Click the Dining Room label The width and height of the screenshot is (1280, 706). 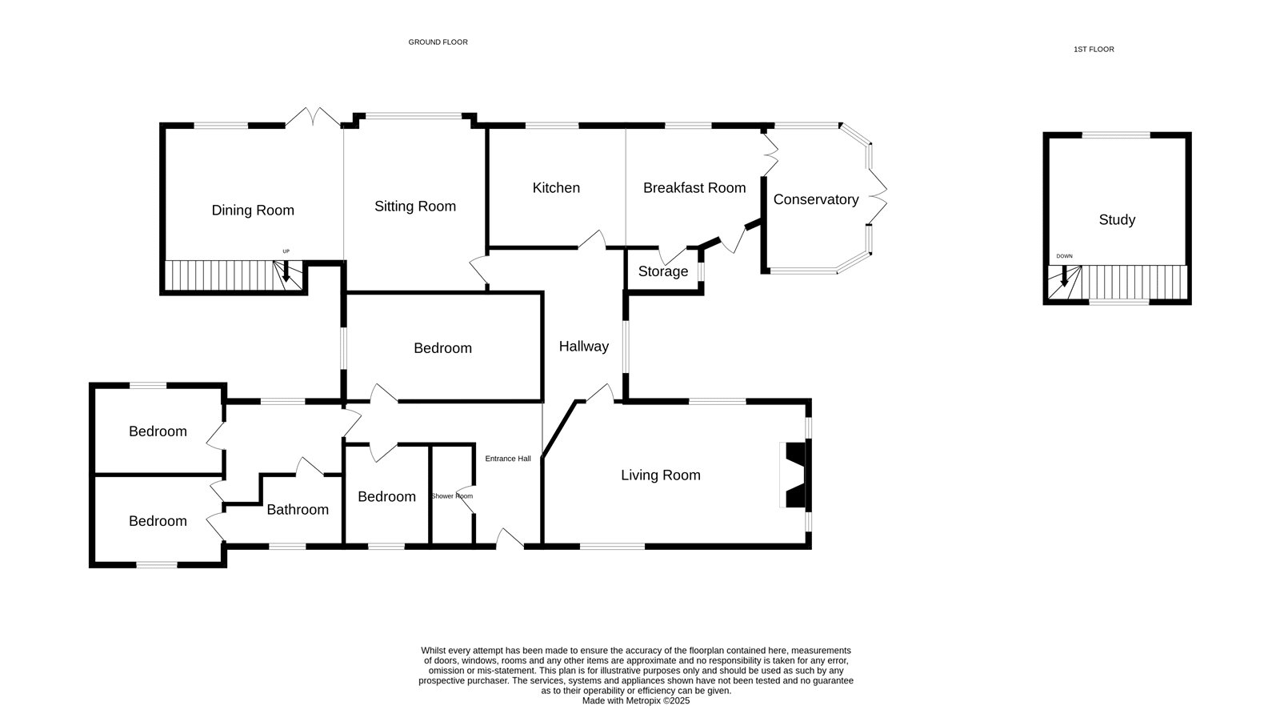click(253, 211)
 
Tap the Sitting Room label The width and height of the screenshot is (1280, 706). click(415, 207)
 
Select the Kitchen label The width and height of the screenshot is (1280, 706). click(556, 188)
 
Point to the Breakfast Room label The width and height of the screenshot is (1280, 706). click(694, 188)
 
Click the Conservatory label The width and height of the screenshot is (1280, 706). click(816, 199)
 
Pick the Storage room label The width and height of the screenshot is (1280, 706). click(663, 271)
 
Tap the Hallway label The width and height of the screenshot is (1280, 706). click(583, 347)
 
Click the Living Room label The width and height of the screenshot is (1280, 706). click(661, 475)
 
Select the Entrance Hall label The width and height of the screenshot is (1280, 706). click(508, 459)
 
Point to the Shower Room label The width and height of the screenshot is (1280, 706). click(452, 496)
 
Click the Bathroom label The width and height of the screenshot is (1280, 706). click(298, 509)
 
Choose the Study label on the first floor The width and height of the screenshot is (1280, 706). click(1117, 220)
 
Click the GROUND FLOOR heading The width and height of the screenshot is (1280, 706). click(438, 42)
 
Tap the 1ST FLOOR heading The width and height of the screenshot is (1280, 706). click(1094, 50)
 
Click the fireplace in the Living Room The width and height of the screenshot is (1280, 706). click(795, 475)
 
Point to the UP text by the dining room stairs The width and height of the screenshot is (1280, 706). click(286, 251)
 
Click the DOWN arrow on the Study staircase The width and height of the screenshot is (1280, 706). click(1064, 275)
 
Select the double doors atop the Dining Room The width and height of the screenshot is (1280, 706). click(313, 117)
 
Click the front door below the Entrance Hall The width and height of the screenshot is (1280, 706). click(510, 539)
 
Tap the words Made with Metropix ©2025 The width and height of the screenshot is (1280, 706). click(636, 701)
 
